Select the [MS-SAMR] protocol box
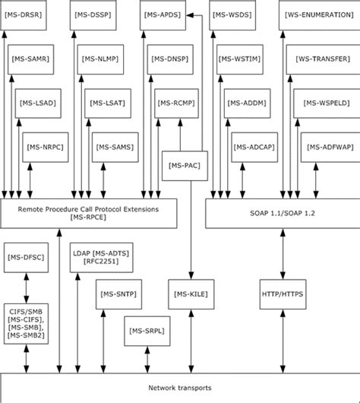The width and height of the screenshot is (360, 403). (33, 59)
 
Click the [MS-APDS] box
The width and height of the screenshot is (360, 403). (163, 15)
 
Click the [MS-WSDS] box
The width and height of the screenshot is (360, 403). (232, 15)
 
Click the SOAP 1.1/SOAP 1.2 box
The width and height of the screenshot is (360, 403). (280, 213)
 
